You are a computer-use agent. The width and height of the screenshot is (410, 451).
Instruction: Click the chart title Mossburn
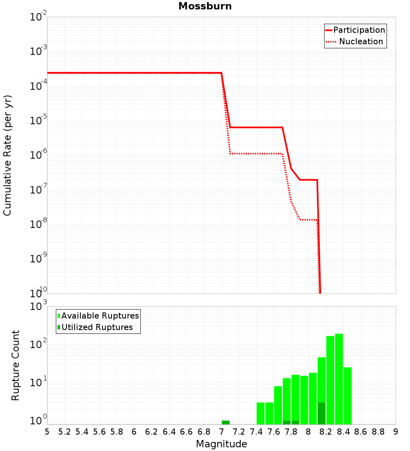tap(205, 7)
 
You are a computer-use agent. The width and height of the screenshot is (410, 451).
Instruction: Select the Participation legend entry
tap(359, 30)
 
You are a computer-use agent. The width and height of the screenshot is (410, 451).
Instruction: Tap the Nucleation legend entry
tap(361, 41)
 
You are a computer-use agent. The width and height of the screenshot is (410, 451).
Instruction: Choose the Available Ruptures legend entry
tap(100, 316)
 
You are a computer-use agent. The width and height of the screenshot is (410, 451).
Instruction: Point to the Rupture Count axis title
tap(16, 365)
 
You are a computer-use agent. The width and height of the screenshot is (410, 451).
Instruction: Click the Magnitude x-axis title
tap(221, 444)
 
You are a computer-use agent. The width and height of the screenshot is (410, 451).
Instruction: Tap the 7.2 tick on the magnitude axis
tap(239, 432)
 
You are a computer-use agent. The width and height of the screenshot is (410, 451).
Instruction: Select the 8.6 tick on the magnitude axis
tap(361, 432)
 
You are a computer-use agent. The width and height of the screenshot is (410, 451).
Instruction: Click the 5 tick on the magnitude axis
tap(47, 432)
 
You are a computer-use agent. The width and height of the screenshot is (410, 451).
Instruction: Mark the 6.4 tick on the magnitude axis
tap(169, 432)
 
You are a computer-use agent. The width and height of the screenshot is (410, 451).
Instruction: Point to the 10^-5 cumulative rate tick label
tap(39, 121)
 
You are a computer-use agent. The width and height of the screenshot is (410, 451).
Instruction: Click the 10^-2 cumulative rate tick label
tap(39, 18)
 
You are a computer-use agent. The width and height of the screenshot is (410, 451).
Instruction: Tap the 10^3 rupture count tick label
tap(39, 307)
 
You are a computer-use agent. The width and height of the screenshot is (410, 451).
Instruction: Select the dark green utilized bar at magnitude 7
tap(225, 422)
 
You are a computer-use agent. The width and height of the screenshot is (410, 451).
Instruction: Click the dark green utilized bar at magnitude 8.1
tap(321, 413)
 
